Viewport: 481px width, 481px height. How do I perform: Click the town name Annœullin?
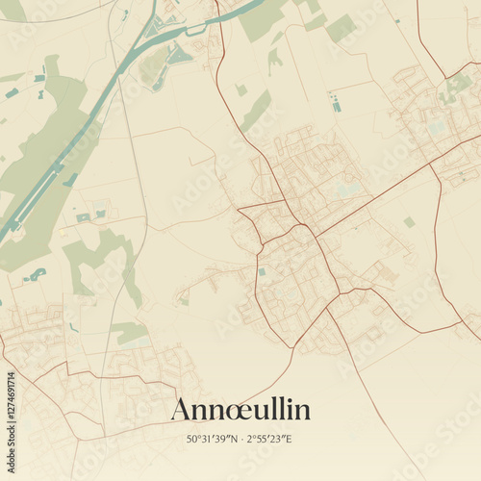coord(240,409)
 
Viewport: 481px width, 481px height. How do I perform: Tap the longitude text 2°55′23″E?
coord(270,440)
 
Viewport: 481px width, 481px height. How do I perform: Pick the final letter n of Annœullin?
coord(303,411)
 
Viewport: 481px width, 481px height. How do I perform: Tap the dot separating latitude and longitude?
coord(242,440)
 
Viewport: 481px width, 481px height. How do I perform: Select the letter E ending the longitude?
coord(289,440)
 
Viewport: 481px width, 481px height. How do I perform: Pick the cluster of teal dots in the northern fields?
coord(334,101)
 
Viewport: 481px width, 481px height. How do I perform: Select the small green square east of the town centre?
coord(409,222)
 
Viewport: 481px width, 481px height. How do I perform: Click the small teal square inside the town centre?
coord(262,271)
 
